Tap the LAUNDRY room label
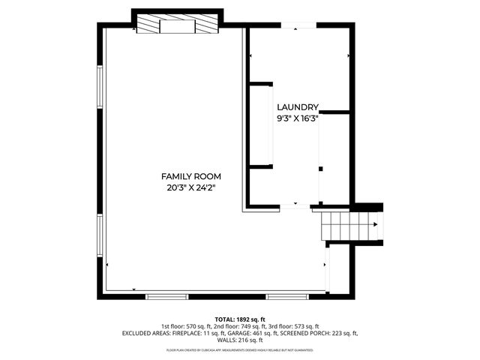click(x=298, y=107)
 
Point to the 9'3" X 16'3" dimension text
click(x=298, y=118)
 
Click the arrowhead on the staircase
click(x=374, y=223)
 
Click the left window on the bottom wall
click(x=166, y=296)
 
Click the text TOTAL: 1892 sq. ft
click(x=240, y=319)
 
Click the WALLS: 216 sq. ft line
click(x=240, y=340)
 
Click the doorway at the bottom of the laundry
click(x=295, y=205)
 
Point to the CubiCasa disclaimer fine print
click(x=240, y=349)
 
